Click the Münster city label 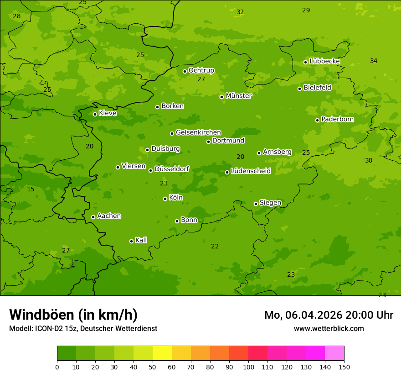click(239, 96)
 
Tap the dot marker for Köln click(165, 199)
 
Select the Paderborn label click(337, 119)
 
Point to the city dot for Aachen click(93, 217)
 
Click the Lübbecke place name click(324, 61)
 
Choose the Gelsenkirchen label click(198, 132)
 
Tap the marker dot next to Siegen click(256, 204)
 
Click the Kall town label click(141, 240)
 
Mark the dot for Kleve click(95, 114)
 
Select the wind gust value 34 click(374, 61)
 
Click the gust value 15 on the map click(31, 189)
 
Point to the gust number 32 click(240, 12)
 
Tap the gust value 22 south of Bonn click(215, 246)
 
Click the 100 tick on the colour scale click(248, 367)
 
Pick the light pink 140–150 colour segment click(334, 353)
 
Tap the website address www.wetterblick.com click(329, 328)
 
